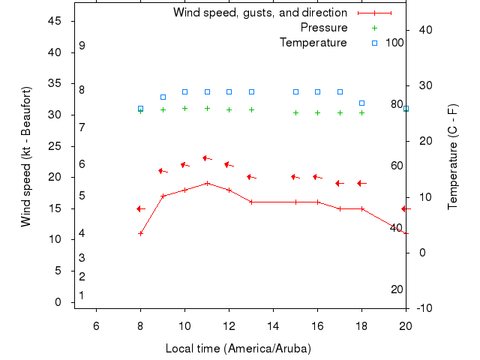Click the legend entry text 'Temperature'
point(313,43)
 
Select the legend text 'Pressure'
point(324,28)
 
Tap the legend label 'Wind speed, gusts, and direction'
point(259,13)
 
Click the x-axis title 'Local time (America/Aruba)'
point(238,349)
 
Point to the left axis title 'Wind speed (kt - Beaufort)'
point(26,157)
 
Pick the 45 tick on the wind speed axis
point(55,21)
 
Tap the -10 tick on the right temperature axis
point(424,308)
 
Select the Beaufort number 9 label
point(82,46)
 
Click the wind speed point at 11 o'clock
point(207,183)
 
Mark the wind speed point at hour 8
point(140,233)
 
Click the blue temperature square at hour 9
point(163,97)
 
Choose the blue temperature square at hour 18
point(361,103)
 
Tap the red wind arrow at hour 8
point(139,208)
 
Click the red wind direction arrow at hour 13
point(251,177)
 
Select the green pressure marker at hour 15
point(295,112)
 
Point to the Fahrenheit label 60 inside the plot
point(397,166)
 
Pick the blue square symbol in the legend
point(374,43)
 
